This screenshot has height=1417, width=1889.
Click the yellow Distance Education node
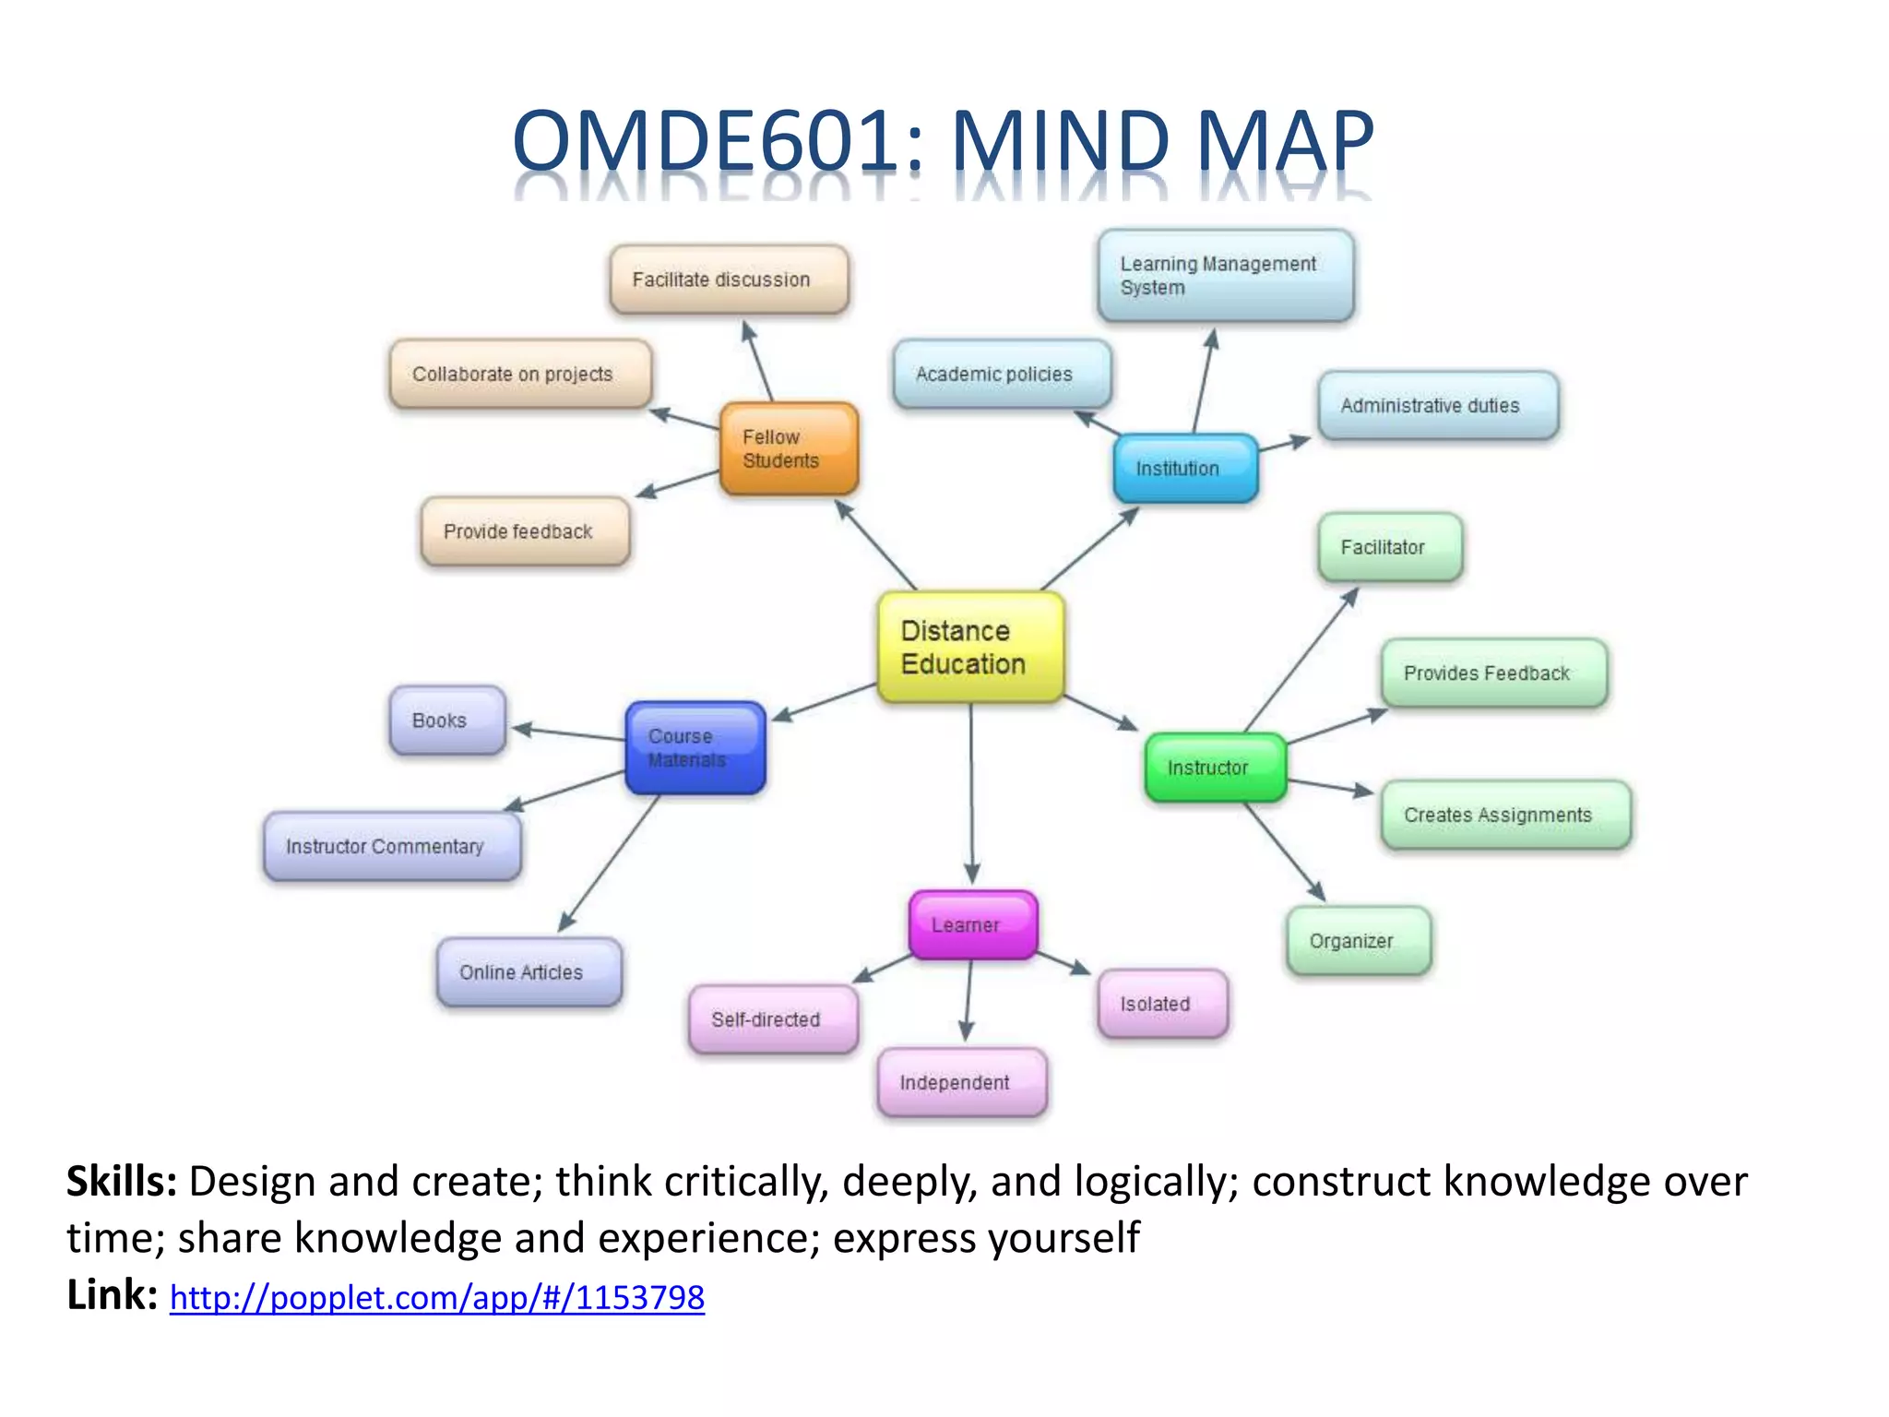970,647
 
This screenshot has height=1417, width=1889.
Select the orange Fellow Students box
789,448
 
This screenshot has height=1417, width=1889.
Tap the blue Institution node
1185,468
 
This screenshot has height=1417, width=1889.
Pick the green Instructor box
1215,767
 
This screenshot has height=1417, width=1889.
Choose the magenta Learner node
973,924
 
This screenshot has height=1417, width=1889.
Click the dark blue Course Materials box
695,748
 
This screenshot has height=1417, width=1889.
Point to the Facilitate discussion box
729,280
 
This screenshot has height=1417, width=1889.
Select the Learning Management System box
1226,276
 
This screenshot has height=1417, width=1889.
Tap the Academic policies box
1002,374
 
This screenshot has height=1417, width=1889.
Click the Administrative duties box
1438,405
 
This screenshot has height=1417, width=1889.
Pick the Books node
447,720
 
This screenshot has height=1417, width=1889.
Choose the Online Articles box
529,972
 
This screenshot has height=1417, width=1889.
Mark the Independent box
962,1082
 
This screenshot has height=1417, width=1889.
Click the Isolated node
1162,1004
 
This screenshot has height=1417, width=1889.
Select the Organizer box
1359,941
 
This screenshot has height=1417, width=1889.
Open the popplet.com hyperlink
437,1298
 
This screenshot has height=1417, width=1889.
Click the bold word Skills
122,1182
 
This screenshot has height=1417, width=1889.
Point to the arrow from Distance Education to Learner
971,793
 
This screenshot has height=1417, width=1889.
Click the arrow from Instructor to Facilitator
1301,660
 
